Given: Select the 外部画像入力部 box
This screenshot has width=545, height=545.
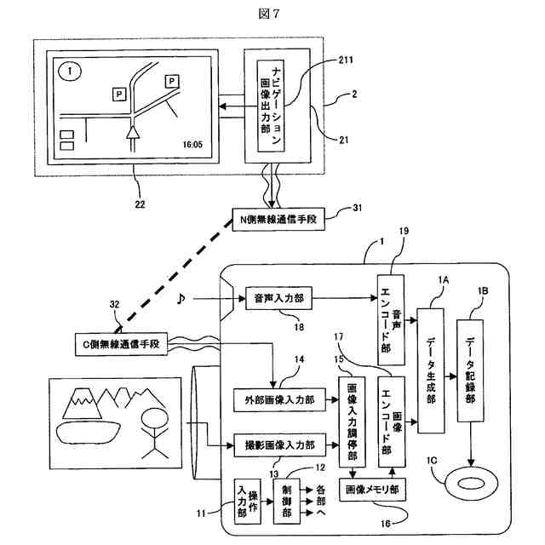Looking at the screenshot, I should coord(278,399).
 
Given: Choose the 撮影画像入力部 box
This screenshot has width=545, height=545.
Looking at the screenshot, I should coord(278,445).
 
